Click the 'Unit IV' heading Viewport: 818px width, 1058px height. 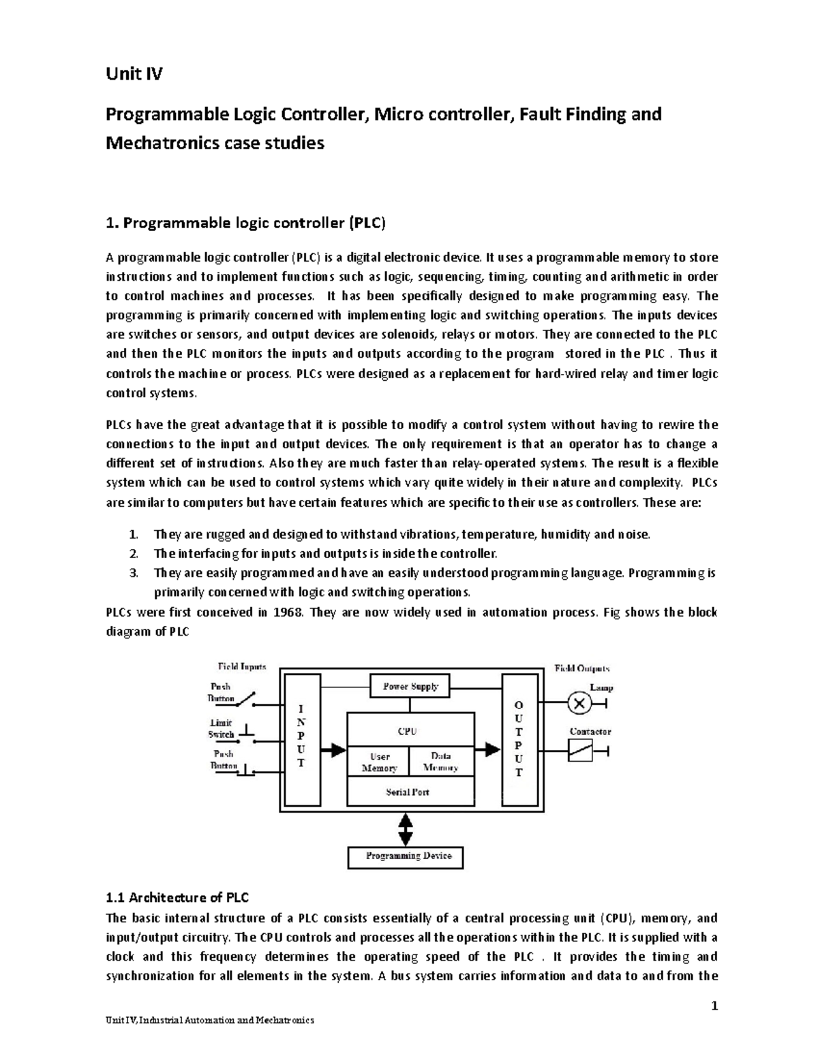(134, 74)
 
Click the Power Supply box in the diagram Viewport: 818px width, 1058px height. (410, 686)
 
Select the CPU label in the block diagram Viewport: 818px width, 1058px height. (408, 731)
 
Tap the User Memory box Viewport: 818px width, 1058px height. (379, 762)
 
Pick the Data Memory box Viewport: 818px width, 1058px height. (440, 762)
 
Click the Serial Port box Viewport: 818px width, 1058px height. (408, 792)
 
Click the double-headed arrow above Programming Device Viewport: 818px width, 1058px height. (406, 829)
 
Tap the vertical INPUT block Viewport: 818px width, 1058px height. (301, 739)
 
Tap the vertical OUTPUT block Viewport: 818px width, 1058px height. (519, 739)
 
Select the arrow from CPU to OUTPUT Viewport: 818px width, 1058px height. (488, 750)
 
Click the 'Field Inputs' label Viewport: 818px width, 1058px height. (242, 666)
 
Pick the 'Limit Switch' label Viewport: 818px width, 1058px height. (220, 728)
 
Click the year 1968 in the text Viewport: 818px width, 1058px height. (287, 612)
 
